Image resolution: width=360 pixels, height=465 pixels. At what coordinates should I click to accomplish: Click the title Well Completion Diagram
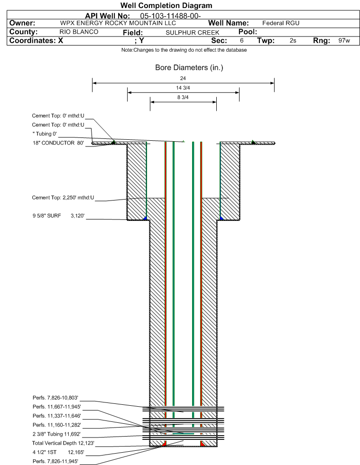[166, 5]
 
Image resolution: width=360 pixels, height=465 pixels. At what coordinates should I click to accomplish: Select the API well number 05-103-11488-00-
[170, 16]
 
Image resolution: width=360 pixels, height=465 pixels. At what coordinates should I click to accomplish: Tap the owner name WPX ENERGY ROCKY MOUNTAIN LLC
[118, 23]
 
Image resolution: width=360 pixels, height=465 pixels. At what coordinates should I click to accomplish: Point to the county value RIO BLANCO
[79, 32]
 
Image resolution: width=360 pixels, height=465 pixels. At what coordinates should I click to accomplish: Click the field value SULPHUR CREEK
[192, 32]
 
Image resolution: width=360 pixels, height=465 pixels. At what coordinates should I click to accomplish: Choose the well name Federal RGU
[281, 23]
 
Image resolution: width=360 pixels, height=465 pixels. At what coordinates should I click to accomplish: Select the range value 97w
[344, 40]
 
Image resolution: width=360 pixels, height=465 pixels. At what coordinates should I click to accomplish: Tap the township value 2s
[293, 40]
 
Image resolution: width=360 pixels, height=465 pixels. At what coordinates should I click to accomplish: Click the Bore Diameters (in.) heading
[189, 68]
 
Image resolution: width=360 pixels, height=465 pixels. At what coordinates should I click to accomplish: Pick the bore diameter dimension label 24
[183, 78]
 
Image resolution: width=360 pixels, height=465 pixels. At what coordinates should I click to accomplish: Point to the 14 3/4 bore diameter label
[183, 88]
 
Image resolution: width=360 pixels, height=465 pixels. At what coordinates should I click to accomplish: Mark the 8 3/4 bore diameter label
[183, 97]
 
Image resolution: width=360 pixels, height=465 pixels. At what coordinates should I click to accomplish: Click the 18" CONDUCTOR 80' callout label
[58, 143]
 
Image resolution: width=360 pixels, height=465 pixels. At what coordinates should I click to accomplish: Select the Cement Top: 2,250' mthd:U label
[63, 198]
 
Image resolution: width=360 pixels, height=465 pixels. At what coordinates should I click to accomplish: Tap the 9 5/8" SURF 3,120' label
[58, 216]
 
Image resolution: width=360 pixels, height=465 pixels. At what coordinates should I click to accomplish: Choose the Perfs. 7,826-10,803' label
[55, 398]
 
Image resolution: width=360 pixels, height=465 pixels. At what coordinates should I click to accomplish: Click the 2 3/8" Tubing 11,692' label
[56, 434]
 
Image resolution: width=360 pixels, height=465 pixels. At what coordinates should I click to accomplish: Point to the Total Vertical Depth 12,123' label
[63, 443]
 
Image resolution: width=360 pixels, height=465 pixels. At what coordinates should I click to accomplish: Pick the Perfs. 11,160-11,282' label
[57, 425]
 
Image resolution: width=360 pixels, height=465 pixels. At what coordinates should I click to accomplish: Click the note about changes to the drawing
[184, 50]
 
